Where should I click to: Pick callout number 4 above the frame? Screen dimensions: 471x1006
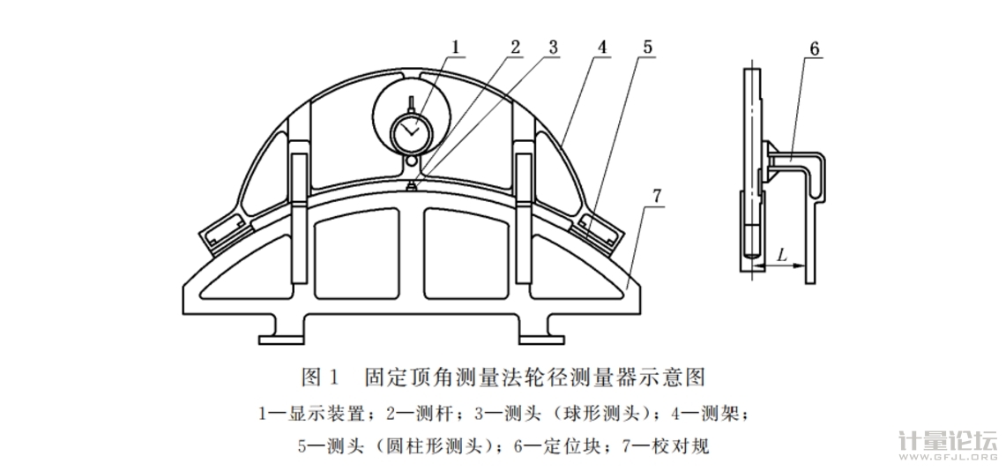600,48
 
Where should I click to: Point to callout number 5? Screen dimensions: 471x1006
647,48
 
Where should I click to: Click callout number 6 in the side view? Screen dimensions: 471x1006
815,49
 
